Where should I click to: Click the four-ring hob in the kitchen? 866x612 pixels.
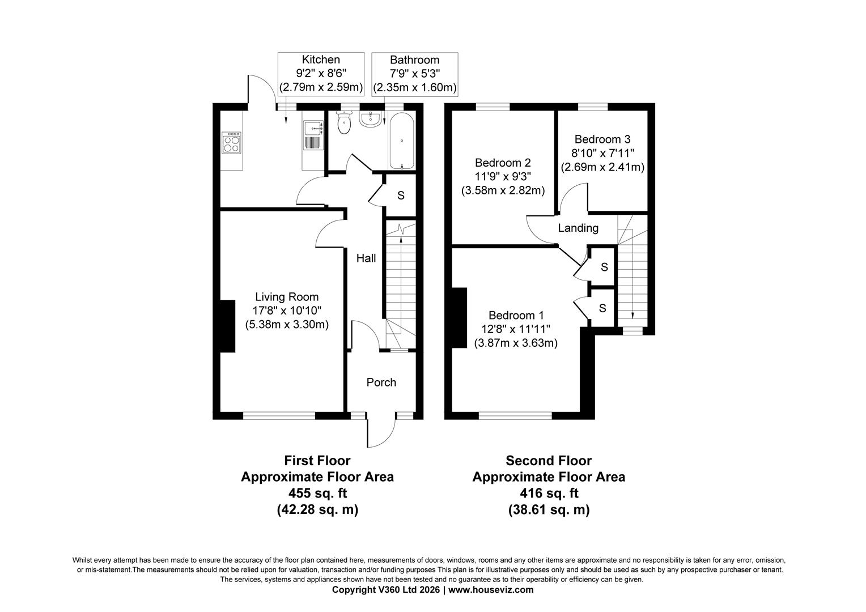click(232, 142)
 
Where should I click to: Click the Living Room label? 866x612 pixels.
click(287, 296)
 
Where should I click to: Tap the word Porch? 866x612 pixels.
click(381, 382)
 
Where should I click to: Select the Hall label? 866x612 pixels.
click(366, 258)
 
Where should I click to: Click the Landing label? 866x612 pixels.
click(578, 228)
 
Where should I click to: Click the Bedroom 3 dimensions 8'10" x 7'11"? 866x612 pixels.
click(602, 154)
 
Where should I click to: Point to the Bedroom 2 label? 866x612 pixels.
click(503, 162)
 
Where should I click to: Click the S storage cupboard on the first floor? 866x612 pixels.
click(401, 195)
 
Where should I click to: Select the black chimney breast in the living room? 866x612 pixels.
click(227, 326)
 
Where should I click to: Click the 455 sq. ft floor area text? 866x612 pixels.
click(317, 493)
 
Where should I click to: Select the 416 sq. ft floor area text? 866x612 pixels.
click(549, 493)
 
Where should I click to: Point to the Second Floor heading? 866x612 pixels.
click(549, 461)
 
